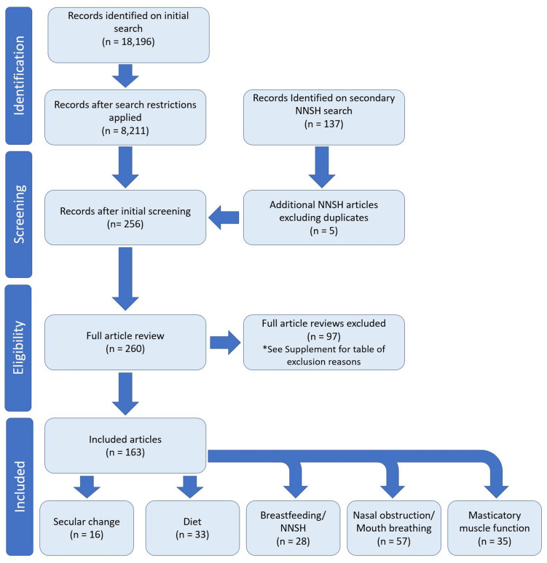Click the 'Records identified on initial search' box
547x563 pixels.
tap(128, 35)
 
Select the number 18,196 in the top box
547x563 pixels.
tap(134, 41)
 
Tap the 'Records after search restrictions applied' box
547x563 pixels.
tap(125, 117)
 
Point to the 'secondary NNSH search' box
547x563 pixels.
tap(323, 117)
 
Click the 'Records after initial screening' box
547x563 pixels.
tap(125, 217)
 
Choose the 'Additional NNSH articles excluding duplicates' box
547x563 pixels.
tap(323, 217)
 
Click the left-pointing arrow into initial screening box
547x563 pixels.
tap(224, 217)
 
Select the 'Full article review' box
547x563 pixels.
tap(125, 342)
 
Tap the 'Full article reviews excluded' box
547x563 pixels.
tap(323, 342)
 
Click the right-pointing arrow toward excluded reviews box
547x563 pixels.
tap(225, 343)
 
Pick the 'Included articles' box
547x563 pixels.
tap(125, 446)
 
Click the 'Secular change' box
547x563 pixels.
tap(87, 528)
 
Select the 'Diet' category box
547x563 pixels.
tap(192, 528)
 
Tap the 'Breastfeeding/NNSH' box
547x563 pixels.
tap(293, 528)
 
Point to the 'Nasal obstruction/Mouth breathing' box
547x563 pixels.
tap(394, 528)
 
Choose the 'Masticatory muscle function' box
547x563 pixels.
tap(495, 528)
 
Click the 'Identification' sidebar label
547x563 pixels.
tap(19, 76)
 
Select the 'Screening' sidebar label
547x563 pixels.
tap(19, 215)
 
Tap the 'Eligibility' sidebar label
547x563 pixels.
tap(18, 348)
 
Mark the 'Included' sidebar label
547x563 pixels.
tap(20, 487)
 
